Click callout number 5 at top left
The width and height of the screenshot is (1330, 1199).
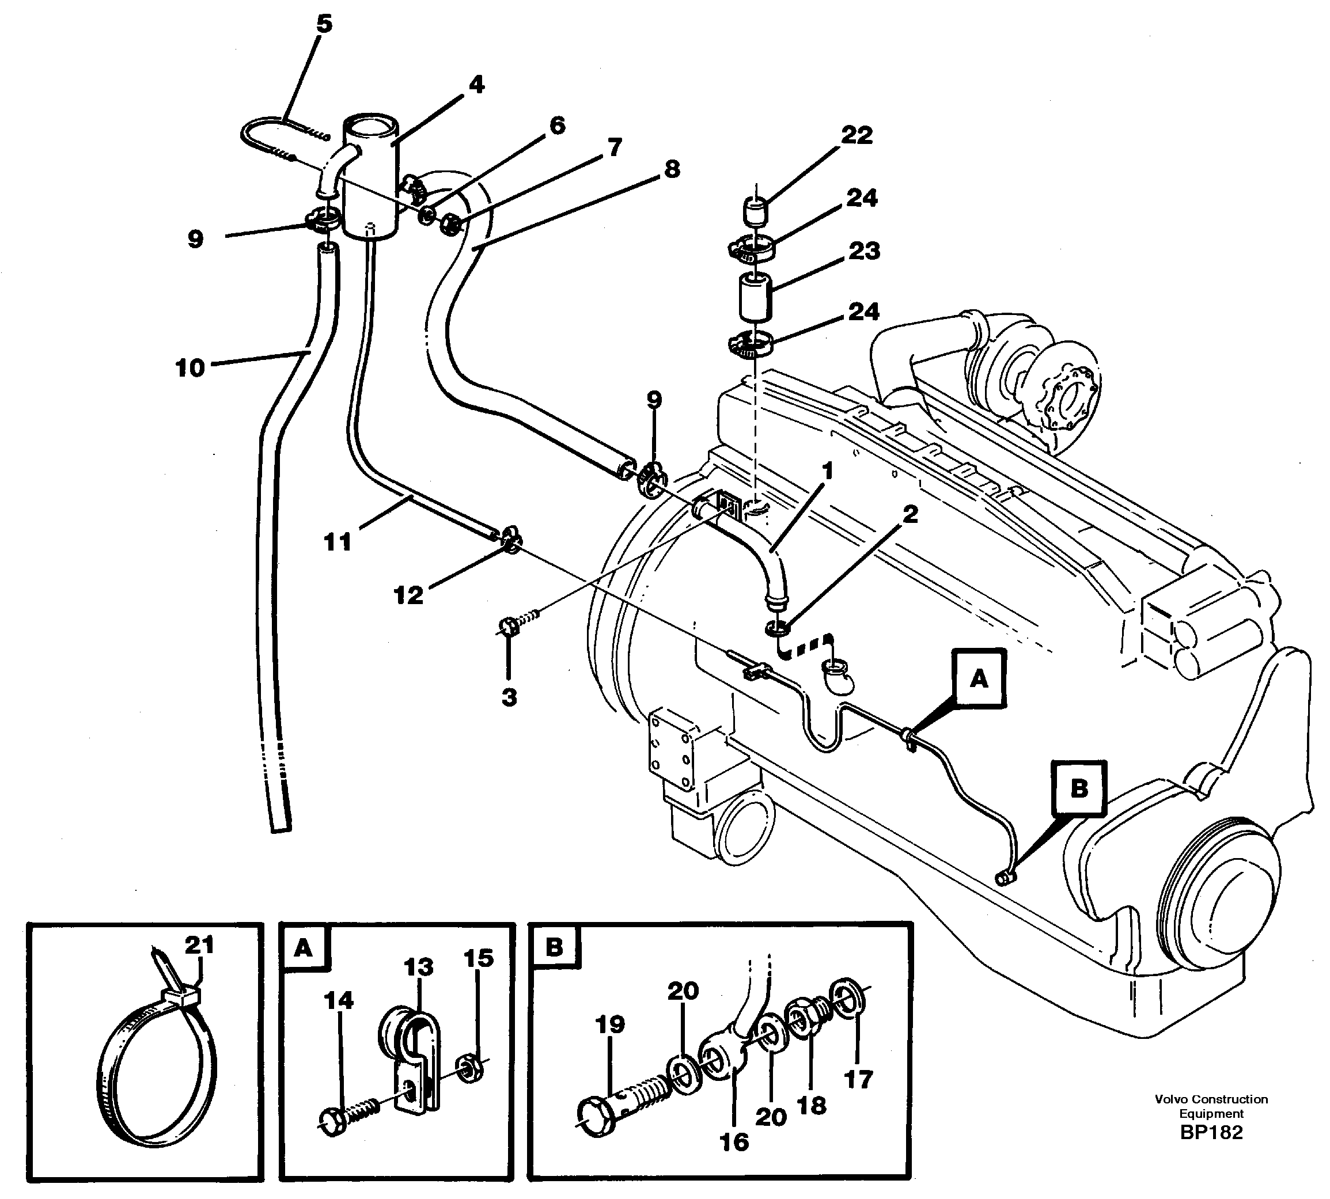(x=324, y=24)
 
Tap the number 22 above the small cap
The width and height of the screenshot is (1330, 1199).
(x=856, y=135)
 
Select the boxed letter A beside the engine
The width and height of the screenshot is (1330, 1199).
(x=979, y=678)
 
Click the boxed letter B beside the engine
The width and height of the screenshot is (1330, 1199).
(x=1078, y=788)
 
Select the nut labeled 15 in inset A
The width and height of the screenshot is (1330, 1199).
(x=470, y=1068)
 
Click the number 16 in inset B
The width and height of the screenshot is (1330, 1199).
(x=734, y=1141)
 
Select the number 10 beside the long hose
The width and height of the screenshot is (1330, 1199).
(x=190, y=367)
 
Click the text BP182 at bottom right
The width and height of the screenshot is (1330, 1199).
(x=1211, y=1132)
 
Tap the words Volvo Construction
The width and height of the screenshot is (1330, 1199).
(x=1211, y=1099)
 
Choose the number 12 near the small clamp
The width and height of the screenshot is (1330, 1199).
(x=408, y=595)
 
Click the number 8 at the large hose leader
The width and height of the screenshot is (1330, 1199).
(x=672, y=169)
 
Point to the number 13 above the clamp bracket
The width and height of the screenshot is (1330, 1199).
(x=419, y=967)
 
